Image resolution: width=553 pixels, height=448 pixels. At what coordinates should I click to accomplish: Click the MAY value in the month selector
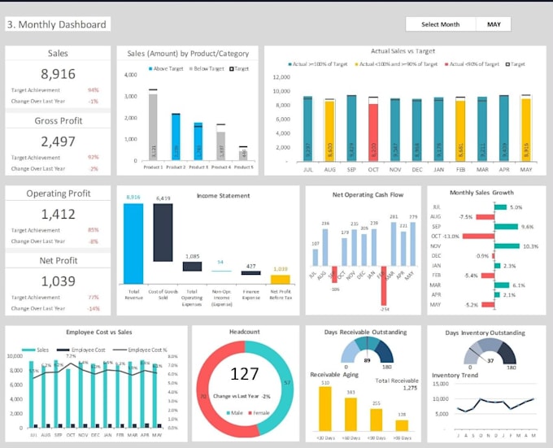point(494,24)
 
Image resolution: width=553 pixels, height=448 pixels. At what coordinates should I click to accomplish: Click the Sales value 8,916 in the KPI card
point(58,74)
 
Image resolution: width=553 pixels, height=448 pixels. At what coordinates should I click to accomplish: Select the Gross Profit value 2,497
point(58,141)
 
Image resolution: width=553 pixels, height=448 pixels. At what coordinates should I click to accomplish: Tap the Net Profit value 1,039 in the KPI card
point(58,281)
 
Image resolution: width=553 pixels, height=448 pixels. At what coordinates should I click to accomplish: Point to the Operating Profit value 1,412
point(58,214)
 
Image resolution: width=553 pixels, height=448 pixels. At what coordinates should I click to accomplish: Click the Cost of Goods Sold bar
point(163,233)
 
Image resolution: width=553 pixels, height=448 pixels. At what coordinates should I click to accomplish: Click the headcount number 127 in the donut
point(244,375)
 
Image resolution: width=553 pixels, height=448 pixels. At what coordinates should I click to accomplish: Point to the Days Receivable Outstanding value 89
point(368,359)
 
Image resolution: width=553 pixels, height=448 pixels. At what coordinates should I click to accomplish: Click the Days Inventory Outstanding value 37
point(490,359)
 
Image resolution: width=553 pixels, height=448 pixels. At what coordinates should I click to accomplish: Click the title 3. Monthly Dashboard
point(57,24)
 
